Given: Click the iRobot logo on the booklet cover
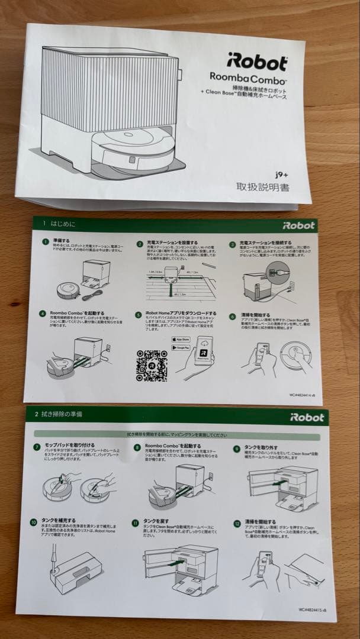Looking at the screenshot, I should [x=256, y=62].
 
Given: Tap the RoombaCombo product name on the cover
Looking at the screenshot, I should [x=248, y=78].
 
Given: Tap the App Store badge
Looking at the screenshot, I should [x=182, y=339].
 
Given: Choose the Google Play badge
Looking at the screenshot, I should [x=182, y=349].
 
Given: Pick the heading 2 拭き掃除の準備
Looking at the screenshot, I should [x=59, y=414].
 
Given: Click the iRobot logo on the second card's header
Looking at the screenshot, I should [x=307, y=417].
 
